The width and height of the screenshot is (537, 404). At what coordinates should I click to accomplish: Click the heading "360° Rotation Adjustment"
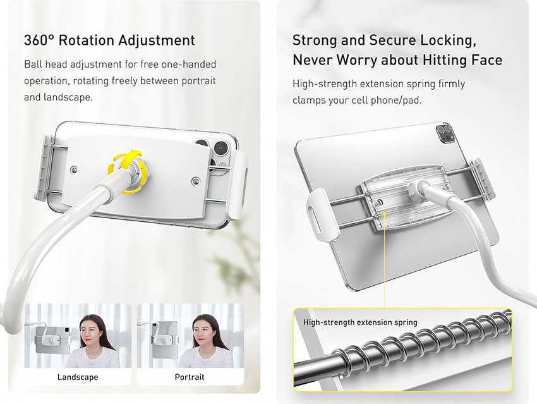(x=109, y=40)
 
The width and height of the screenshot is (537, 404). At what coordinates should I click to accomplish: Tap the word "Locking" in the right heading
(x=449, y=40)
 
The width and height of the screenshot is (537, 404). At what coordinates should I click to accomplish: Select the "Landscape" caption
(x=78, y=377)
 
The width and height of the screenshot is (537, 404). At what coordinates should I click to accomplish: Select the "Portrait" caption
(x=190, y=377)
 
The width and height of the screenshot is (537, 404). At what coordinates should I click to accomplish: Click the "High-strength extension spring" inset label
(x=360, y=322)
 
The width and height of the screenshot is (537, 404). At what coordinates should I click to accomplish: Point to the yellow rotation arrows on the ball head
(x=128, y=171)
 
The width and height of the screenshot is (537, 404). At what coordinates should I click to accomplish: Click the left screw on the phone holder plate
(x=74, y=170)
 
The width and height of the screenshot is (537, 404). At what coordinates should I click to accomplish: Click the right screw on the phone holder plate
(x=196, y=181)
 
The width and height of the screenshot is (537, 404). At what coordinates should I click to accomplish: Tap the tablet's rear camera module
(x=445, y=133)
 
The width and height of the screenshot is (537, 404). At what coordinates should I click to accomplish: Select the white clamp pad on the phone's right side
(x=240, y=185)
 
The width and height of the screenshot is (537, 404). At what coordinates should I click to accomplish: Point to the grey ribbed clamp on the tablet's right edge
(x=482, y=181)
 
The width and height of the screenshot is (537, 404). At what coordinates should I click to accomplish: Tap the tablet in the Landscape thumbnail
(x=52, y=340)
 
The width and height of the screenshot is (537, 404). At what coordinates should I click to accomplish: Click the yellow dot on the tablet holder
(x=385, y=214)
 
